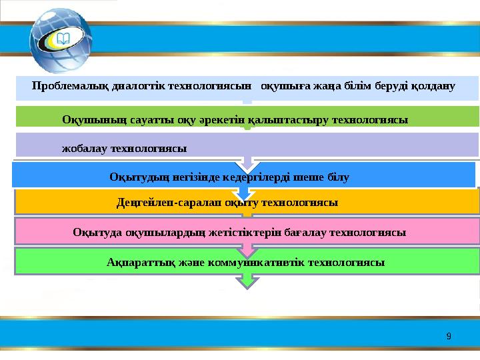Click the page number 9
[x=449, y=336]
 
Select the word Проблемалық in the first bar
[x=63, y=86]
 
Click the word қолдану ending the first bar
[x=433, y=86]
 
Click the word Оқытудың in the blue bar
[x=137, y=177]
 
